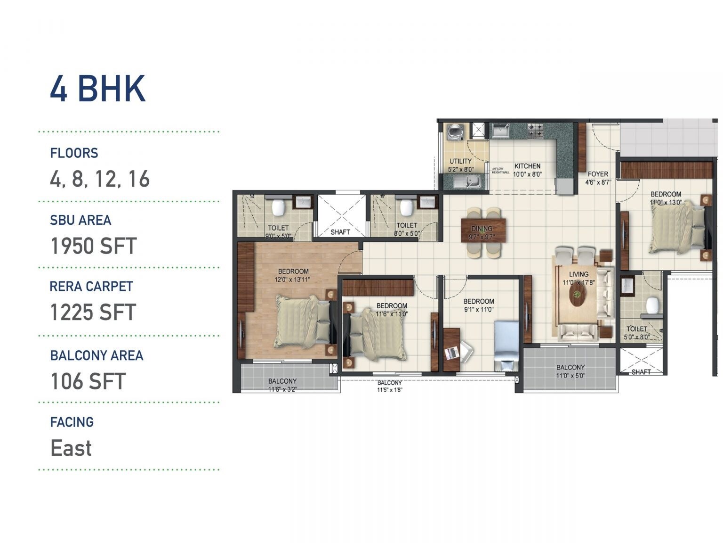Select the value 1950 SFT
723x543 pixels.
point(93,246)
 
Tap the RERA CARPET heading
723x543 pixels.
point(91,287)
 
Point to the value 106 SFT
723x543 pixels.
point(88,381)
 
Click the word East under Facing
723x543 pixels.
point(71,448)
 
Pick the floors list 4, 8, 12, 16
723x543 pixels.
point(100,179)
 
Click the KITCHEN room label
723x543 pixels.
point(527,166)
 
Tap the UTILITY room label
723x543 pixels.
point(460,161)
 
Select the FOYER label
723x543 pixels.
point(598,174)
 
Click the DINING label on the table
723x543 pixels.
point(482,229)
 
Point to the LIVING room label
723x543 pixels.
point(578,274)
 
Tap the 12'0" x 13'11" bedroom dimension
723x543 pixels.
point(293,280)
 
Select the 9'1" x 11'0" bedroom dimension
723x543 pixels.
point(479,310)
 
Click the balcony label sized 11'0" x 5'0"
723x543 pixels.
point(570,371)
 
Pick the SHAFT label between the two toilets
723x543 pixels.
point(340,232)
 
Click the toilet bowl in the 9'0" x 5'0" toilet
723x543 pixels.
point(279,206)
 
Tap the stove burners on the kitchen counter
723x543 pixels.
point(535,130)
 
